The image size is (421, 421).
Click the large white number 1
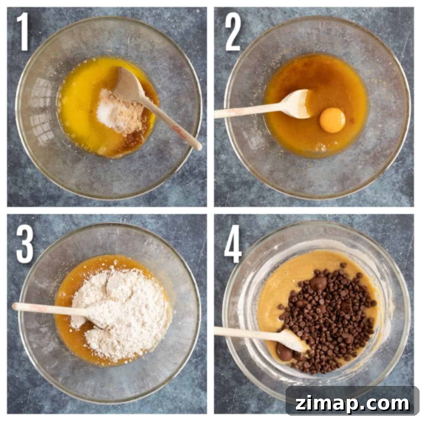23,32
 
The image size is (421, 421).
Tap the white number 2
233,32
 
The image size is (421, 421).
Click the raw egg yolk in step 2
332,120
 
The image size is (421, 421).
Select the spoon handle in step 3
50,308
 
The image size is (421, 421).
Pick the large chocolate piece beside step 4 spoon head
285,352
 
